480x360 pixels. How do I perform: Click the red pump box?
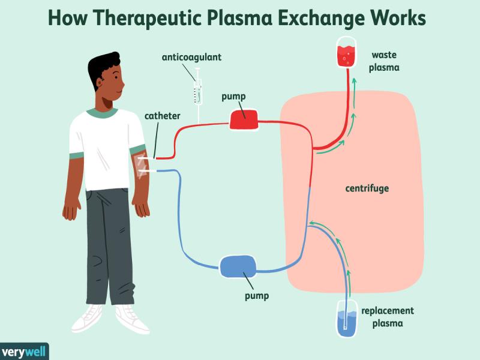pos(244,119)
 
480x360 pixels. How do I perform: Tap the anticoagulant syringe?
pos(196,90)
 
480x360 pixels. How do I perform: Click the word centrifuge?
pos(367,188)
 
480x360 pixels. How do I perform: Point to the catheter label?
pos(161,116)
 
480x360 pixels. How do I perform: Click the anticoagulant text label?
pos(191,58)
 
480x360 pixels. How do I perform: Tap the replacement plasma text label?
pos(388,317)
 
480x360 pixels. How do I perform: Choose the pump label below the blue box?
pos(257,295)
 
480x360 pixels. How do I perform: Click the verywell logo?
pos(23,351)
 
